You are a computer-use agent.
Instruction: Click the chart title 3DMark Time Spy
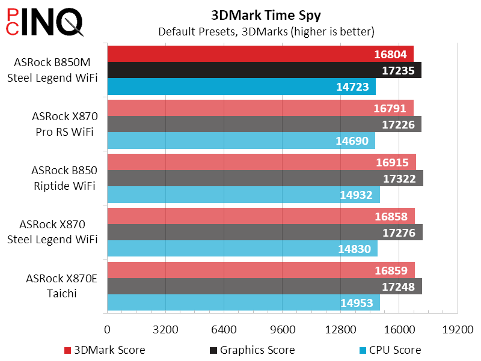(x=266, y=14)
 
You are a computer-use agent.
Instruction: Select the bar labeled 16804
(x=260, y=54)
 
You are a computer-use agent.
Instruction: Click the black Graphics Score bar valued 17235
(x=264, y=70)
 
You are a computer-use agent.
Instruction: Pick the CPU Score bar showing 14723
(x=241, y=86)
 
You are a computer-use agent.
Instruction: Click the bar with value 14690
(x=241, y=141)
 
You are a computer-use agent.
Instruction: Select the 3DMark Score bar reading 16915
(x=262, y=163)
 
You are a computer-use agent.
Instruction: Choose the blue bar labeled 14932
(x=244, y=195)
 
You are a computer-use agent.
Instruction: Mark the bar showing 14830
(x=242, y=249)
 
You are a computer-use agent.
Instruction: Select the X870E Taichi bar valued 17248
(x=265, y=287)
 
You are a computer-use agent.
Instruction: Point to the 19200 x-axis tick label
(x=458, y=330)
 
